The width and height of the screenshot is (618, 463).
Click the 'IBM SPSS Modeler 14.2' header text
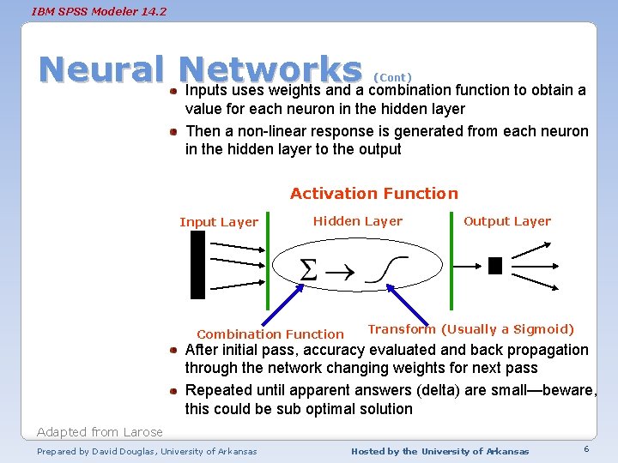coord(87,11)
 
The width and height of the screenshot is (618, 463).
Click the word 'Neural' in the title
coord(101,69)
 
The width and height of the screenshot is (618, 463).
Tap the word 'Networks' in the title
coord(272,69)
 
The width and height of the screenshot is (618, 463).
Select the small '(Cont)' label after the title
coord(393,77)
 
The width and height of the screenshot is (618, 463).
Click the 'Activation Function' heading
coord(374,194)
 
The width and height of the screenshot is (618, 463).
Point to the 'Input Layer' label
coord(219,222)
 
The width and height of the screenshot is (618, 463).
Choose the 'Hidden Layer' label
coord(357,221)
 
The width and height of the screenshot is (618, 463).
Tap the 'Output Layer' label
coord(507,221)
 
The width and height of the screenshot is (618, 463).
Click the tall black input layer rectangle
coord(198,264)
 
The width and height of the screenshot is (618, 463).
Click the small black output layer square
coord(494,266)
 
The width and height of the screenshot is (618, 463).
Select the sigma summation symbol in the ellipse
coord(308,270)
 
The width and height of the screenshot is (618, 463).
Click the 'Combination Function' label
coord(270,334)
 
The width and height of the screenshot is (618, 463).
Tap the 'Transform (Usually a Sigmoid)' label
coord(471,329)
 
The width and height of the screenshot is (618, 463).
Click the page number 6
coord(585,450)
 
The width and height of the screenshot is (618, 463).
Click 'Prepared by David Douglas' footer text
coord(147,451)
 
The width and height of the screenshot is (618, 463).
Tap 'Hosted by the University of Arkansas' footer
coord(440,451)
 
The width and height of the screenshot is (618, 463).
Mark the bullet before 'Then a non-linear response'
coord(173,132)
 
